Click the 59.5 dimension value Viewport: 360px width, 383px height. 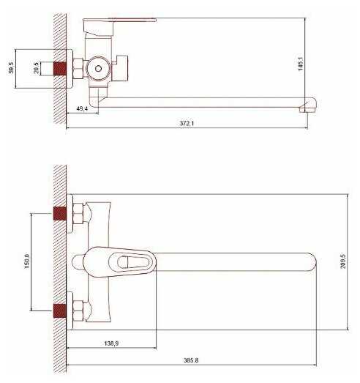pyautogui.click(x=11, y=67)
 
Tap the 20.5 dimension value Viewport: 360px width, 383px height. pyautogui.click(x=36, y=67)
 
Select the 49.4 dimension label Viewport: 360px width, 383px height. pyautogui.click(x=82, y=108)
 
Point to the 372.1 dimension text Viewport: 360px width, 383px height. pyautogui.click(x=187, y=123)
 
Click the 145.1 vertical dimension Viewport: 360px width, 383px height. pyautogui.click(x=301, y=64)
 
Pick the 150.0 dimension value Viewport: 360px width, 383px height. pyautogui.click(x=27, y=261)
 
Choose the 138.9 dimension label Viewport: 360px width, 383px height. pyautogui.click(x=111, y=343)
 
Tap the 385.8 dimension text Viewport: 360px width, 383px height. pyautogui.click(x=191, y=360)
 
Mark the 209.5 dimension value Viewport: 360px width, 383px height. pyautogui.click(x=343, y=261)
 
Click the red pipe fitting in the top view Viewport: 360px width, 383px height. pyautogui.click(x=60, y=68)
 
